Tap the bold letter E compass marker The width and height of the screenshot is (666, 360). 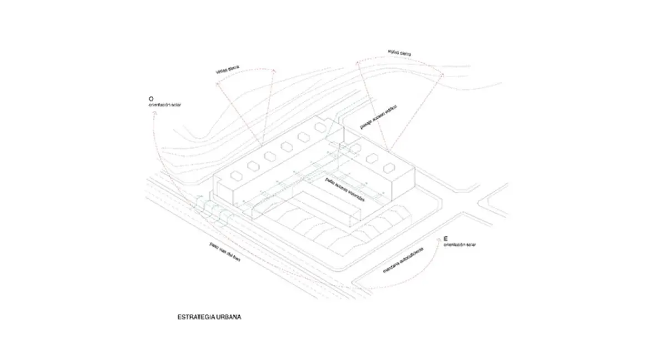coord(446,239)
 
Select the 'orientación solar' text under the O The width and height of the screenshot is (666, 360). coord(164,104)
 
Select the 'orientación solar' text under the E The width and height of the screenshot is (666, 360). coord(460,245)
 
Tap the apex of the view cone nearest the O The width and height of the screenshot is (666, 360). coord(261,146)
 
